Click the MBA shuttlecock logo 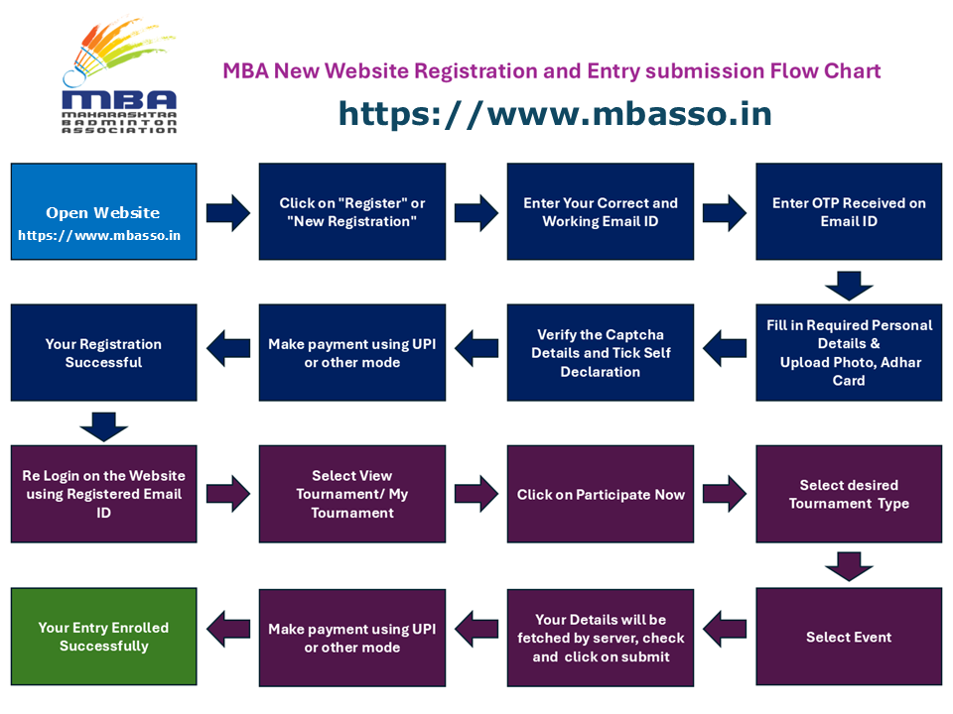point(118,85)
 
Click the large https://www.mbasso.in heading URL point(554,113)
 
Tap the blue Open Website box point(103,211)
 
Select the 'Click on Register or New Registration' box point(351,211)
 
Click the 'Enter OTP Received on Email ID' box point(849,211)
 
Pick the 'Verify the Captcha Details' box point(601,352)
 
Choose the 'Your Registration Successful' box point(103,352)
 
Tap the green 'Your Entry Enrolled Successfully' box point(103,636)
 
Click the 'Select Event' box point(849,636)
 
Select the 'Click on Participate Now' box point(601,494)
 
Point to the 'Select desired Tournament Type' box point(849,494)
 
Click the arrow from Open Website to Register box point(228,212)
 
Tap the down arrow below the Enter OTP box point(849,285)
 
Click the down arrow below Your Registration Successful point(103,426)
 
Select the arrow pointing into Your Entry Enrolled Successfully point(228,628)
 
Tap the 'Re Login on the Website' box point(103,494)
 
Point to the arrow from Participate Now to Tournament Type point(725,493)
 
